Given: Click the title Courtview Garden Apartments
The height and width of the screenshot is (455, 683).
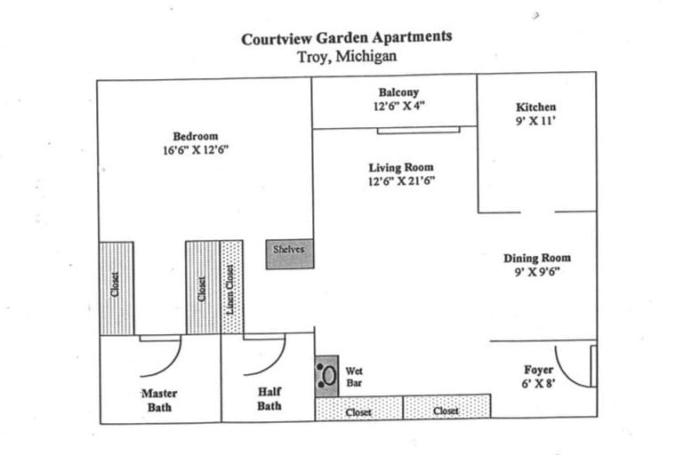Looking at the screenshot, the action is click(x=347, y=38).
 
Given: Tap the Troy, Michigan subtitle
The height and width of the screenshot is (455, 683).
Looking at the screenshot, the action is click(x=347, y=57).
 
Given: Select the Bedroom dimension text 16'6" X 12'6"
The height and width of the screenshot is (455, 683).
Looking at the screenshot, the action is click(x=196, y=150).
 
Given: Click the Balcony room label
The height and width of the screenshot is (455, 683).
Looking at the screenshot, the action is click(x=398, y=92).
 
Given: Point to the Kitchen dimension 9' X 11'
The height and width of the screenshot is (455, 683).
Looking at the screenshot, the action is click(x=535, y=121).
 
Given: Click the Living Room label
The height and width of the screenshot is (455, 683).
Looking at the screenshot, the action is click(x=401, y=168).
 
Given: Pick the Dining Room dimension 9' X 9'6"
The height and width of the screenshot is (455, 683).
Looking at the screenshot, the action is click(x=537, y=272).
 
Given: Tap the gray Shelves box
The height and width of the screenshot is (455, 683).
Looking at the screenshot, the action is click(x=290, y=254).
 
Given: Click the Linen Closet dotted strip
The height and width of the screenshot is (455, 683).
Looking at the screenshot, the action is click(x=231, y=287).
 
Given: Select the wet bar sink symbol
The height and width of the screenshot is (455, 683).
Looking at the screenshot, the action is click(x=326, y=376).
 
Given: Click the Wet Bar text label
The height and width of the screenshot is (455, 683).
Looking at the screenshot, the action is click(x=354, y=377).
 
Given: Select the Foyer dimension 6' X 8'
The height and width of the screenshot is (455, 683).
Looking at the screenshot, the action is click(x=538, y=384).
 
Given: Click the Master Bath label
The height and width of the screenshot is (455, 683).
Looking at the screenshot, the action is click(x=159, y=401).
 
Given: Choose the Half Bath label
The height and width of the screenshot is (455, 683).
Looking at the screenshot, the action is click(x=269, y=399).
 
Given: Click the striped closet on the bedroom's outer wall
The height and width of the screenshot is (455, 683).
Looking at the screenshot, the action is click(x=117, y=288).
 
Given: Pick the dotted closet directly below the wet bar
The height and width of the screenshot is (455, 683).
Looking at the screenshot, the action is click(x=359, y=408).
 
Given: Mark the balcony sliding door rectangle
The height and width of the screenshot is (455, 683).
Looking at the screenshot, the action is click(x=419, y=130).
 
